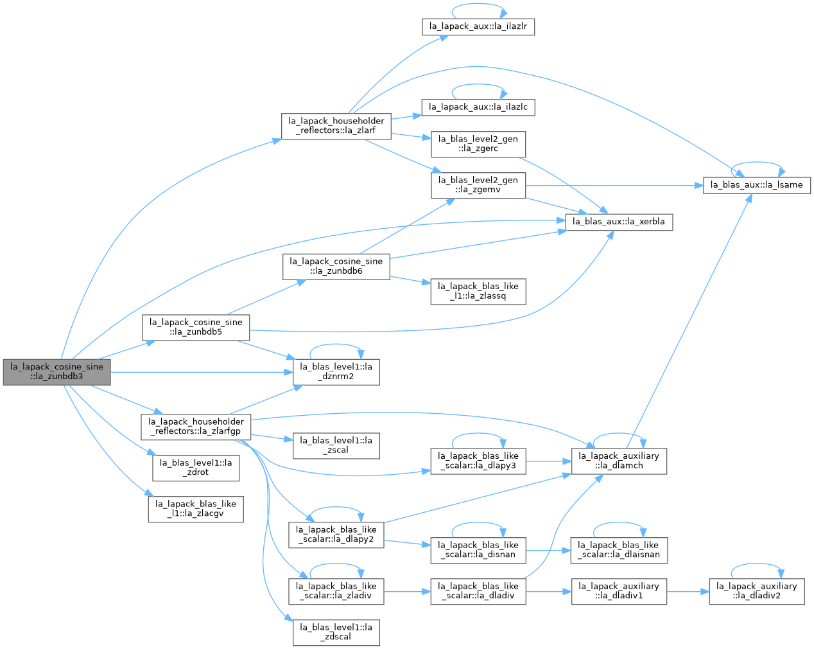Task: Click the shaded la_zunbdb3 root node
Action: click(56, 372)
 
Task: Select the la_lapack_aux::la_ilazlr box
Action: click(478, 27)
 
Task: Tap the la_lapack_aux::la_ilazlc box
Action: click(478, 107)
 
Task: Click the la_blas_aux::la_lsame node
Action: click(756, 185)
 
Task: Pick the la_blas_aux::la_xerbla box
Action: click(619, 222)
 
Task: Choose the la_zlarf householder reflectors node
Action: click(336, 126)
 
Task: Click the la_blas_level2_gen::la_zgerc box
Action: click(478, 145)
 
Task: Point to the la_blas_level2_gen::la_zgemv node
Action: click(478, 185)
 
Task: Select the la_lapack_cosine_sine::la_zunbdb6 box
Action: click(336, 267)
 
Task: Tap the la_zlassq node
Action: click(478, 292)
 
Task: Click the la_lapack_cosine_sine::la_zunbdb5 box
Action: click(196, 328)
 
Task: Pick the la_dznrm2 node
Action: click(336, 372)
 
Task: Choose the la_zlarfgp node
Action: click(196, 427)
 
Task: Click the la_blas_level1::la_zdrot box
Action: click(196, 468)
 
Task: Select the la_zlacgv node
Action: click(196, 510)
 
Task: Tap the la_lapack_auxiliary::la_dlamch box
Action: click(619, 461)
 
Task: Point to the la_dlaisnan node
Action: click(619, 550)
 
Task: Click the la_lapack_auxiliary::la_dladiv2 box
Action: click(756, 591)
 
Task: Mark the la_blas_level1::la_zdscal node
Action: click(336, 632)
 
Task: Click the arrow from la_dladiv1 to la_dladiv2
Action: click(688, 591)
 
